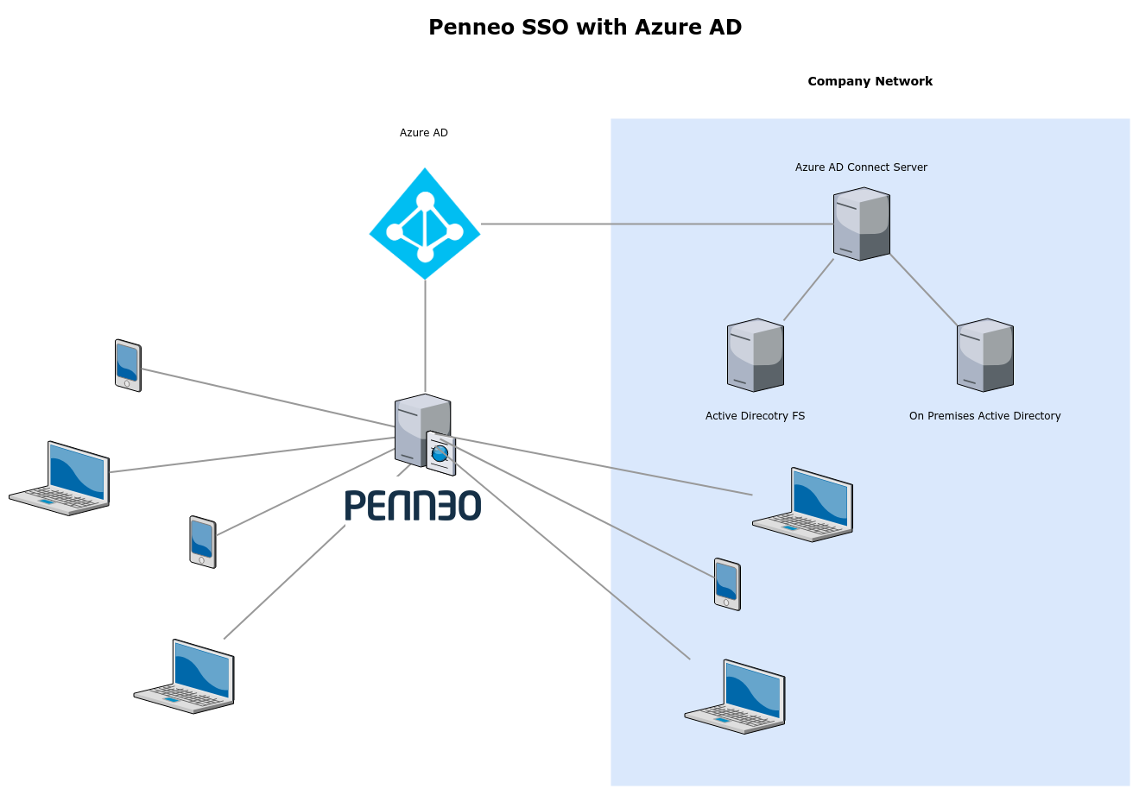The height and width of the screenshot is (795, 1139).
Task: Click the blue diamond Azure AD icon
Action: (x=425, y=224)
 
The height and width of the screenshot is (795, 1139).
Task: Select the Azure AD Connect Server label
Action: (x=861, y=167)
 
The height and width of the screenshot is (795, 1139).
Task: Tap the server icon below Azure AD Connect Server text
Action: (x=861, y=224)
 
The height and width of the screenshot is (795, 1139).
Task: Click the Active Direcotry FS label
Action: (x=755, y=416)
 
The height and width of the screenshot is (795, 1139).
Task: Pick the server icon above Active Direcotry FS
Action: (x=755, y=355)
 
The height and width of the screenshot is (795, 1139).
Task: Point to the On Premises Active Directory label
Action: (x=984, y=416)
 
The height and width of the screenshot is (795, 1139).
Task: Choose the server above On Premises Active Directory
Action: (x=984, y=355)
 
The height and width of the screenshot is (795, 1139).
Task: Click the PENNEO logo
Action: (x=413, y=505)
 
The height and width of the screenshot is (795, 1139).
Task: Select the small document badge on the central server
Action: (x=440, y=453)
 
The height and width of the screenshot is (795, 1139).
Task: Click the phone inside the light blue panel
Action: (x=727, y=584)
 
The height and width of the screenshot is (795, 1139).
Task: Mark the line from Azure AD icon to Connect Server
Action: (x=656, y=224)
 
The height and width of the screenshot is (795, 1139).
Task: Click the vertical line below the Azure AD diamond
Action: (x=425, y=337)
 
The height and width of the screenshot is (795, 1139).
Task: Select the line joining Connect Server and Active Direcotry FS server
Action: (x=808, y=290)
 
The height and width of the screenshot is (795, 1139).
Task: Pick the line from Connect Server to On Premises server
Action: (x=923, y=290)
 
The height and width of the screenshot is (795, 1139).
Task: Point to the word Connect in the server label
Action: (x=870, y=167)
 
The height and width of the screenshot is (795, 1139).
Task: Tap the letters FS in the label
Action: (x=798, y=416)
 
